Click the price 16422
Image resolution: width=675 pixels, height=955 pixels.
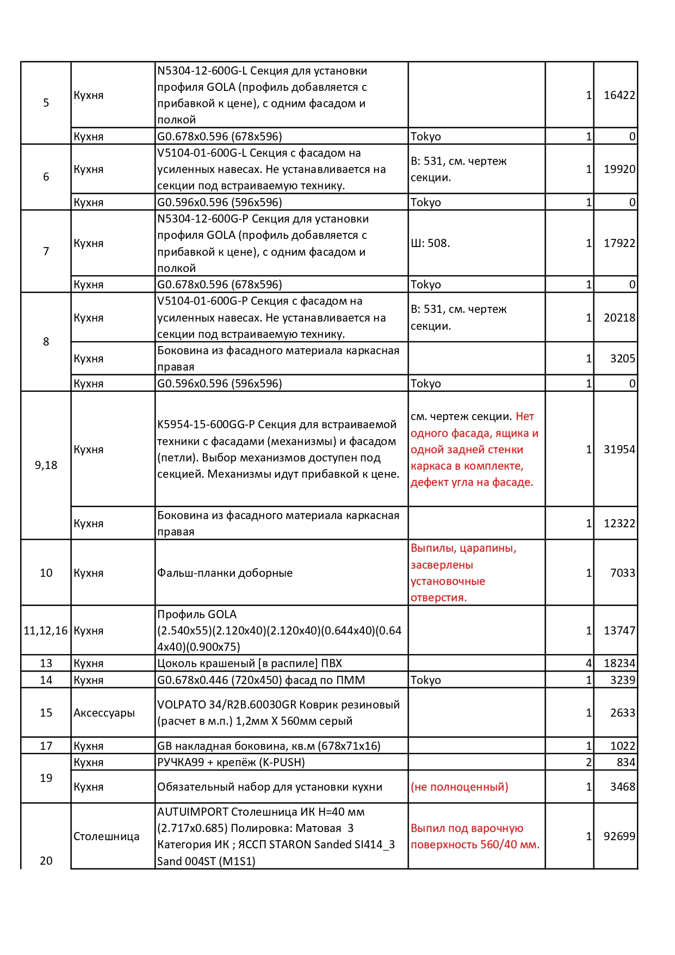click(619, 95)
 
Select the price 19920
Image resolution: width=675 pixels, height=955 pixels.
click(619, 169)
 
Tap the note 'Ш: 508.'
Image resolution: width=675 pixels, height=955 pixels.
click(430, 243)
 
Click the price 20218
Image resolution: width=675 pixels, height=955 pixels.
click(619, 318)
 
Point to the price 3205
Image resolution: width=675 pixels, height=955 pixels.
click(622, 359)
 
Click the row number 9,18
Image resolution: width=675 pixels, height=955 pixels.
click(46, 465)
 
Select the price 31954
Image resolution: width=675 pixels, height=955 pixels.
click(619, 449)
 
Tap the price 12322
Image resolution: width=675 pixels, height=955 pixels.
click(619, 523)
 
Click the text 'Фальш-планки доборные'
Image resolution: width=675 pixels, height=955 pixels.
click(225, 573)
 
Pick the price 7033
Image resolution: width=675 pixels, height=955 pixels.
click(622, 573)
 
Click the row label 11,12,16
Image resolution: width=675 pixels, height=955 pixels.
click(46, 631)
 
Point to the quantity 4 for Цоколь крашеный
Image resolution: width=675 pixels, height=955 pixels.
click(589, 663)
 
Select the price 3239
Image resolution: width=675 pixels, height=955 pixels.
click(622, 680)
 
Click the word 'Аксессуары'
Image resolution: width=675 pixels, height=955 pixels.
click(104, 713)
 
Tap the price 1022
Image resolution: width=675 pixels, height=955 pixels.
click(622, 746)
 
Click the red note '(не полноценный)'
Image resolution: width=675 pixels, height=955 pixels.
click(460, 787)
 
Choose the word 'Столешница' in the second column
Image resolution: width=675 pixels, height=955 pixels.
click(106, 836)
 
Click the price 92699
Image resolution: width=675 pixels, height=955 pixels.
click(619, 836)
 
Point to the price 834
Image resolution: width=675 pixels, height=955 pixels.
click(626, 762)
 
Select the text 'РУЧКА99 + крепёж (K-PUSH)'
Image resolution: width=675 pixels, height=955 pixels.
click(231, 762)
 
